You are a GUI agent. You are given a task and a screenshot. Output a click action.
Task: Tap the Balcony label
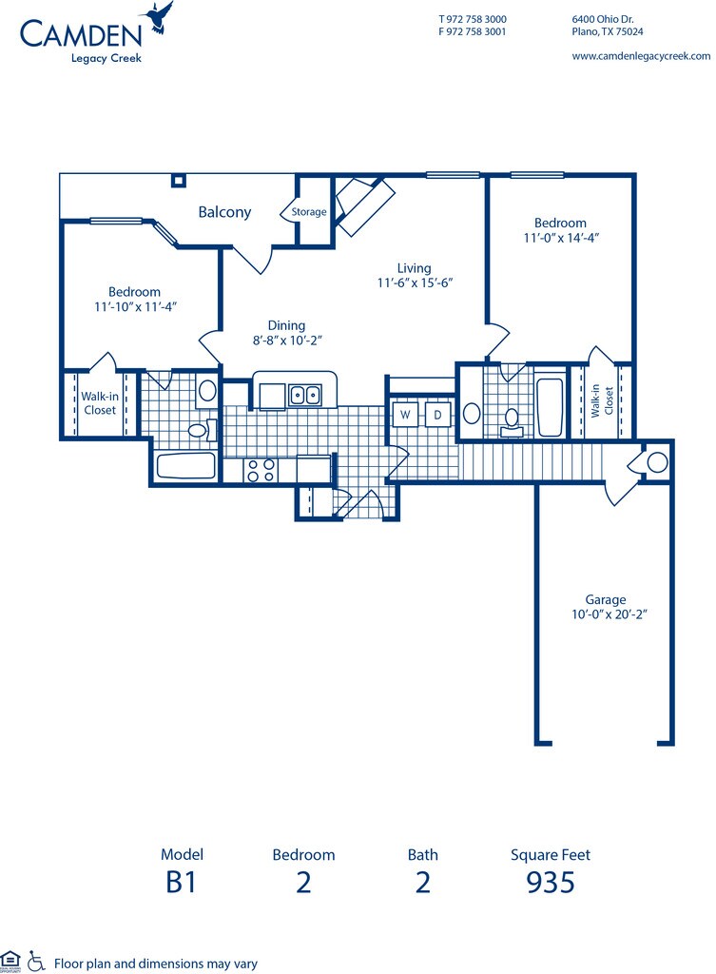click(224, 212)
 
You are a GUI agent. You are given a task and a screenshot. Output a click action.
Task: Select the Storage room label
click(309, 212)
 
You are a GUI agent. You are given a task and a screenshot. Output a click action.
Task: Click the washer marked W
click(405, 415)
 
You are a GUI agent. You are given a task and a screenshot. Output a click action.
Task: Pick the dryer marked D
click(437, 415)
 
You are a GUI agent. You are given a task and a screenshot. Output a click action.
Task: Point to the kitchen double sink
click(304, 395)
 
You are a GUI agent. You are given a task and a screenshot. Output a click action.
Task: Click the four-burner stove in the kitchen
click(261, 470)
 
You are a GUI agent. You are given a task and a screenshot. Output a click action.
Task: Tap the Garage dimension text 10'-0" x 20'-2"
click(610, 615)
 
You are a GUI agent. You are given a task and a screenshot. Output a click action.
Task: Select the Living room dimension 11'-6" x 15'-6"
click(415, 283)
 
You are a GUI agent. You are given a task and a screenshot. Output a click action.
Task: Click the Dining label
click(286, 325)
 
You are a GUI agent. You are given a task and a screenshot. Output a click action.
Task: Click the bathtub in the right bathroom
click(550, 406)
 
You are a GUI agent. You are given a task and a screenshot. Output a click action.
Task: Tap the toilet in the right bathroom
click(511, 420)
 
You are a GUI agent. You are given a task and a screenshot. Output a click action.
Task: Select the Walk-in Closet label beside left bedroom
click(100, 403)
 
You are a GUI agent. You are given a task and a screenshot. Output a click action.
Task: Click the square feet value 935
click(551, 882)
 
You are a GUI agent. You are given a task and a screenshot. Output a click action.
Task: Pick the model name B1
click(182, 882)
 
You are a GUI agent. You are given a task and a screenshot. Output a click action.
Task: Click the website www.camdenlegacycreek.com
click(641, 56)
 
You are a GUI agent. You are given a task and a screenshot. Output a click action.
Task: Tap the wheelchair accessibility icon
click(36, 961)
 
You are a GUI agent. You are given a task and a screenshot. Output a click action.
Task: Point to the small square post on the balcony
click(179, 180)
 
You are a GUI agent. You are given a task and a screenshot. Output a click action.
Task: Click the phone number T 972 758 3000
click(472, 19)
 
